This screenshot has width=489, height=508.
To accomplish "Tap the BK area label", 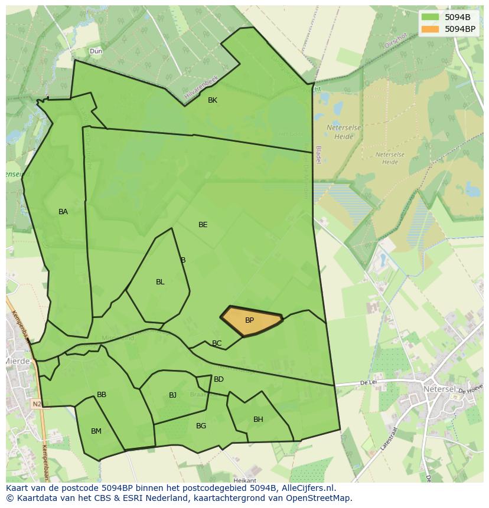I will point(213,100).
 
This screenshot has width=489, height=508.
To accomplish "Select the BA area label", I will point(63,212).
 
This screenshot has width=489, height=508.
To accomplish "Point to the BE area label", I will point(203,225).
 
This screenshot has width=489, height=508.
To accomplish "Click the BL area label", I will point(160,282).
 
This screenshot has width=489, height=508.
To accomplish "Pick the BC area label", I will point(217,343).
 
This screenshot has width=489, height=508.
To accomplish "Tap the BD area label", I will point(219,379).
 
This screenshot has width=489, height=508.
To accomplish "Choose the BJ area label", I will point(172,395).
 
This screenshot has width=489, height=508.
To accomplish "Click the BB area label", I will point(102,395).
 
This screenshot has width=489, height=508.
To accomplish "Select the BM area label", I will point(96,431).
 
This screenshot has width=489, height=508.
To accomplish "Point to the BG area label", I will point(201,426).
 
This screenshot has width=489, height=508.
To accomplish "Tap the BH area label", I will point(258,419).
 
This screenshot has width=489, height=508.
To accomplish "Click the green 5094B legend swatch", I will point(430,17).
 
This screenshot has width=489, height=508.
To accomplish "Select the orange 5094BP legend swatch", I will point(430,28).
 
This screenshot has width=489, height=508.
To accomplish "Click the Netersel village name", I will point(439,389).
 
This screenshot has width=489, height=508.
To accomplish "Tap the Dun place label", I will point(96,51).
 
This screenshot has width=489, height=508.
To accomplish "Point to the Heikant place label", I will point(244,481).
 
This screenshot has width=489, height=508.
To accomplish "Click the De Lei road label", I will point(369,383).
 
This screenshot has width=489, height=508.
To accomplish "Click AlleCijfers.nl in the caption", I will point(307,488).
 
